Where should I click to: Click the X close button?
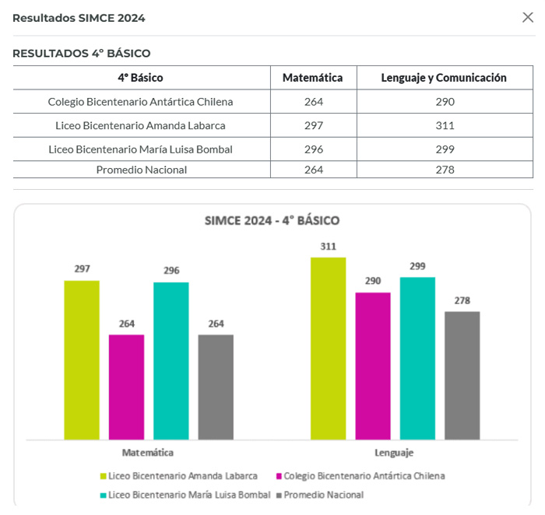[x=527, y=17]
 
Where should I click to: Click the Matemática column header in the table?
[x=312, y=78]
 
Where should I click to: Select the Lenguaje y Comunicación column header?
[x=444, y=78]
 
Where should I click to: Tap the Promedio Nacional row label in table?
[x=141, y=170]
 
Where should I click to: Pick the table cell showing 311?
[x=445, y=125]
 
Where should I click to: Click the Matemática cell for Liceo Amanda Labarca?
[x=313, y=125]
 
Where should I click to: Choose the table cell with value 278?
[x=445, y=170]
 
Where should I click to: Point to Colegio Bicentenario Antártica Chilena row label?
[x=140, y=101]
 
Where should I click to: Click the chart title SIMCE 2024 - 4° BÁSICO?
[x=272, y=220]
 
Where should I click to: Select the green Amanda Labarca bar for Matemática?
[x=82, y=359]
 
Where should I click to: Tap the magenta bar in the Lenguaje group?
[x=373, y=366]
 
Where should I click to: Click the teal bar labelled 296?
[x=171, y=360]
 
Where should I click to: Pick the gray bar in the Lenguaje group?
[x=462, y=375]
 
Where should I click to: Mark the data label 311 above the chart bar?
[x=328, y=247]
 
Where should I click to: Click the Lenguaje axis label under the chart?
[x=395, y=453]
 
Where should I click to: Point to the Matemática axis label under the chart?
[x=148, y=453]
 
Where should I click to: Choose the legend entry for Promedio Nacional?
[x=323, y=495]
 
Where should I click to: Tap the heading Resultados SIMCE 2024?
[x=79, y=18]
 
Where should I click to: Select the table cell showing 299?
[x=445, y=149]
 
